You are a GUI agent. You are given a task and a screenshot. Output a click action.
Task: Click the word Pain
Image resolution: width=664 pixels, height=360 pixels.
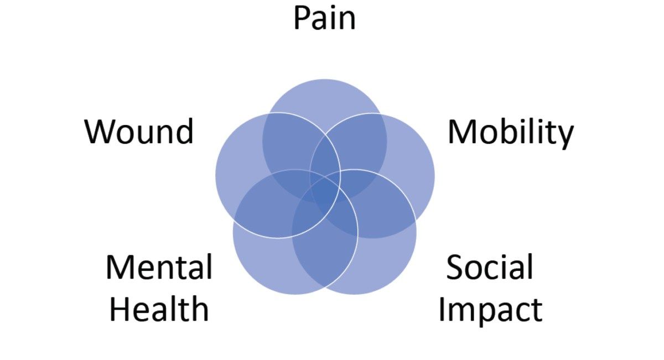click(324, 18)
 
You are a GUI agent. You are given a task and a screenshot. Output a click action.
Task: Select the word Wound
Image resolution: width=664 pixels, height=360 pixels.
click(139, 132)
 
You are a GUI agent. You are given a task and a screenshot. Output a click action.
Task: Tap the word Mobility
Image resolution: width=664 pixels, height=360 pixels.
click(510, 133)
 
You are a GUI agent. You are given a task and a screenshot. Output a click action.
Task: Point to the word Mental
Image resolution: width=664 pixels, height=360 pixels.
click(159, 267)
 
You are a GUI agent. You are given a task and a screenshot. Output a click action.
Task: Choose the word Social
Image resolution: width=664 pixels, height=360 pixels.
click(490, 267)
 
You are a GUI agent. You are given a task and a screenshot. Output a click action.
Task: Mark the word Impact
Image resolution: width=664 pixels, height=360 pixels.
click(490, 310)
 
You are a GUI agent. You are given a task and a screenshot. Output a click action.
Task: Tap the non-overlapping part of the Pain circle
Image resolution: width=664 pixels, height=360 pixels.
click(324, 97)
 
